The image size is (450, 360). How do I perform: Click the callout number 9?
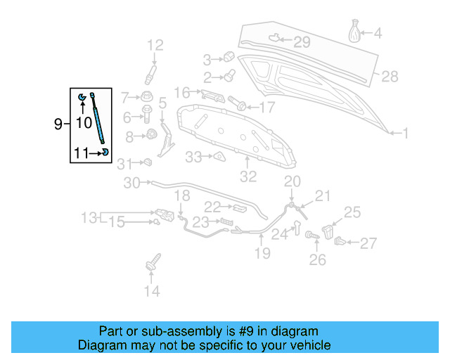(x=58, y=124)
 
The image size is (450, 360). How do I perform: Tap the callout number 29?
(x=301, y=42)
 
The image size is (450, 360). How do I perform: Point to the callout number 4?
(x=378, y=33)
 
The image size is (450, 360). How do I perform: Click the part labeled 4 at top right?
(x=355, y=33)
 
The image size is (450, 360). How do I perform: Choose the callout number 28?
(x=390, y=76)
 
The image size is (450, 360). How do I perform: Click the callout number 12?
(x=154, y=46)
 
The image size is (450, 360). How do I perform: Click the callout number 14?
(x=152, y=290)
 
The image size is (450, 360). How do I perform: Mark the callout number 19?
(x=262, y=253)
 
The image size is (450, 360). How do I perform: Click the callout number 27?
(x=368, y=243)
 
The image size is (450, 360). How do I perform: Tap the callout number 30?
(x=131, y=184)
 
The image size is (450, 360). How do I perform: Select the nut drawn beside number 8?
(x=150, y=135)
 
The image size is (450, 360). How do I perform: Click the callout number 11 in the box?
(x=82, y=151)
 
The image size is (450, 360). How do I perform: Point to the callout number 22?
(x=213, y=206)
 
